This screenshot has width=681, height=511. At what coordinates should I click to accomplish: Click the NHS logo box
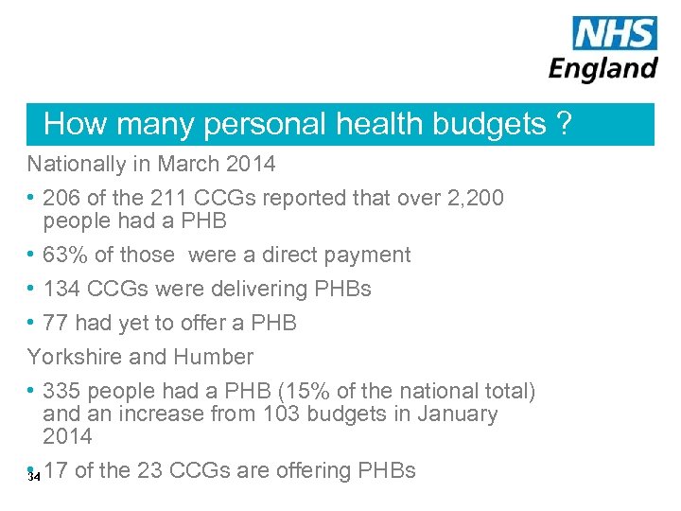click(615, 33)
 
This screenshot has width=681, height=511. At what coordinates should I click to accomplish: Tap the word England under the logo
click(603, 68)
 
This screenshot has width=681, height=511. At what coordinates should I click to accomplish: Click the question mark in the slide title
click(564, 124)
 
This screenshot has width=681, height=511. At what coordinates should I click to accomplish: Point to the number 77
click(56, 323)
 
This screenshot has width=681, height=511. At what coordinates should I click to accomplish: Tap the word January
click(459, 414)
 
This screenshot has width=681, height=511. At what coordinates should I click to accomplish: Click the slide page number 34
click(34, 477)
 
